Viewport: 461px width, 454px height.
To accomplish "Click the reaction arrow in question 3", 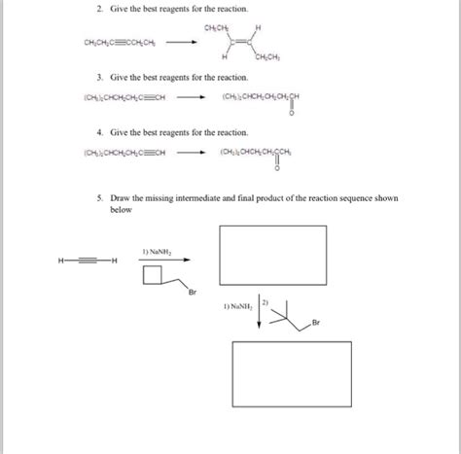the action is [x=190, y=97].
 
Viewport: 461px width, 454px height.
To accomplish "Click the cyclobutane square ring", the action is [x=154, y=277].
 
